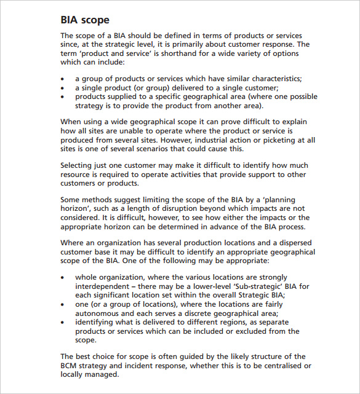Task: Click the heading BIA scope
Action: tap(86, 20)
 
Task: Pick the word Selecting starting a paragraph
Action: tap(78, 165)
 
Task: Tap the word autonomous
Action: tap(100, 312)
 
